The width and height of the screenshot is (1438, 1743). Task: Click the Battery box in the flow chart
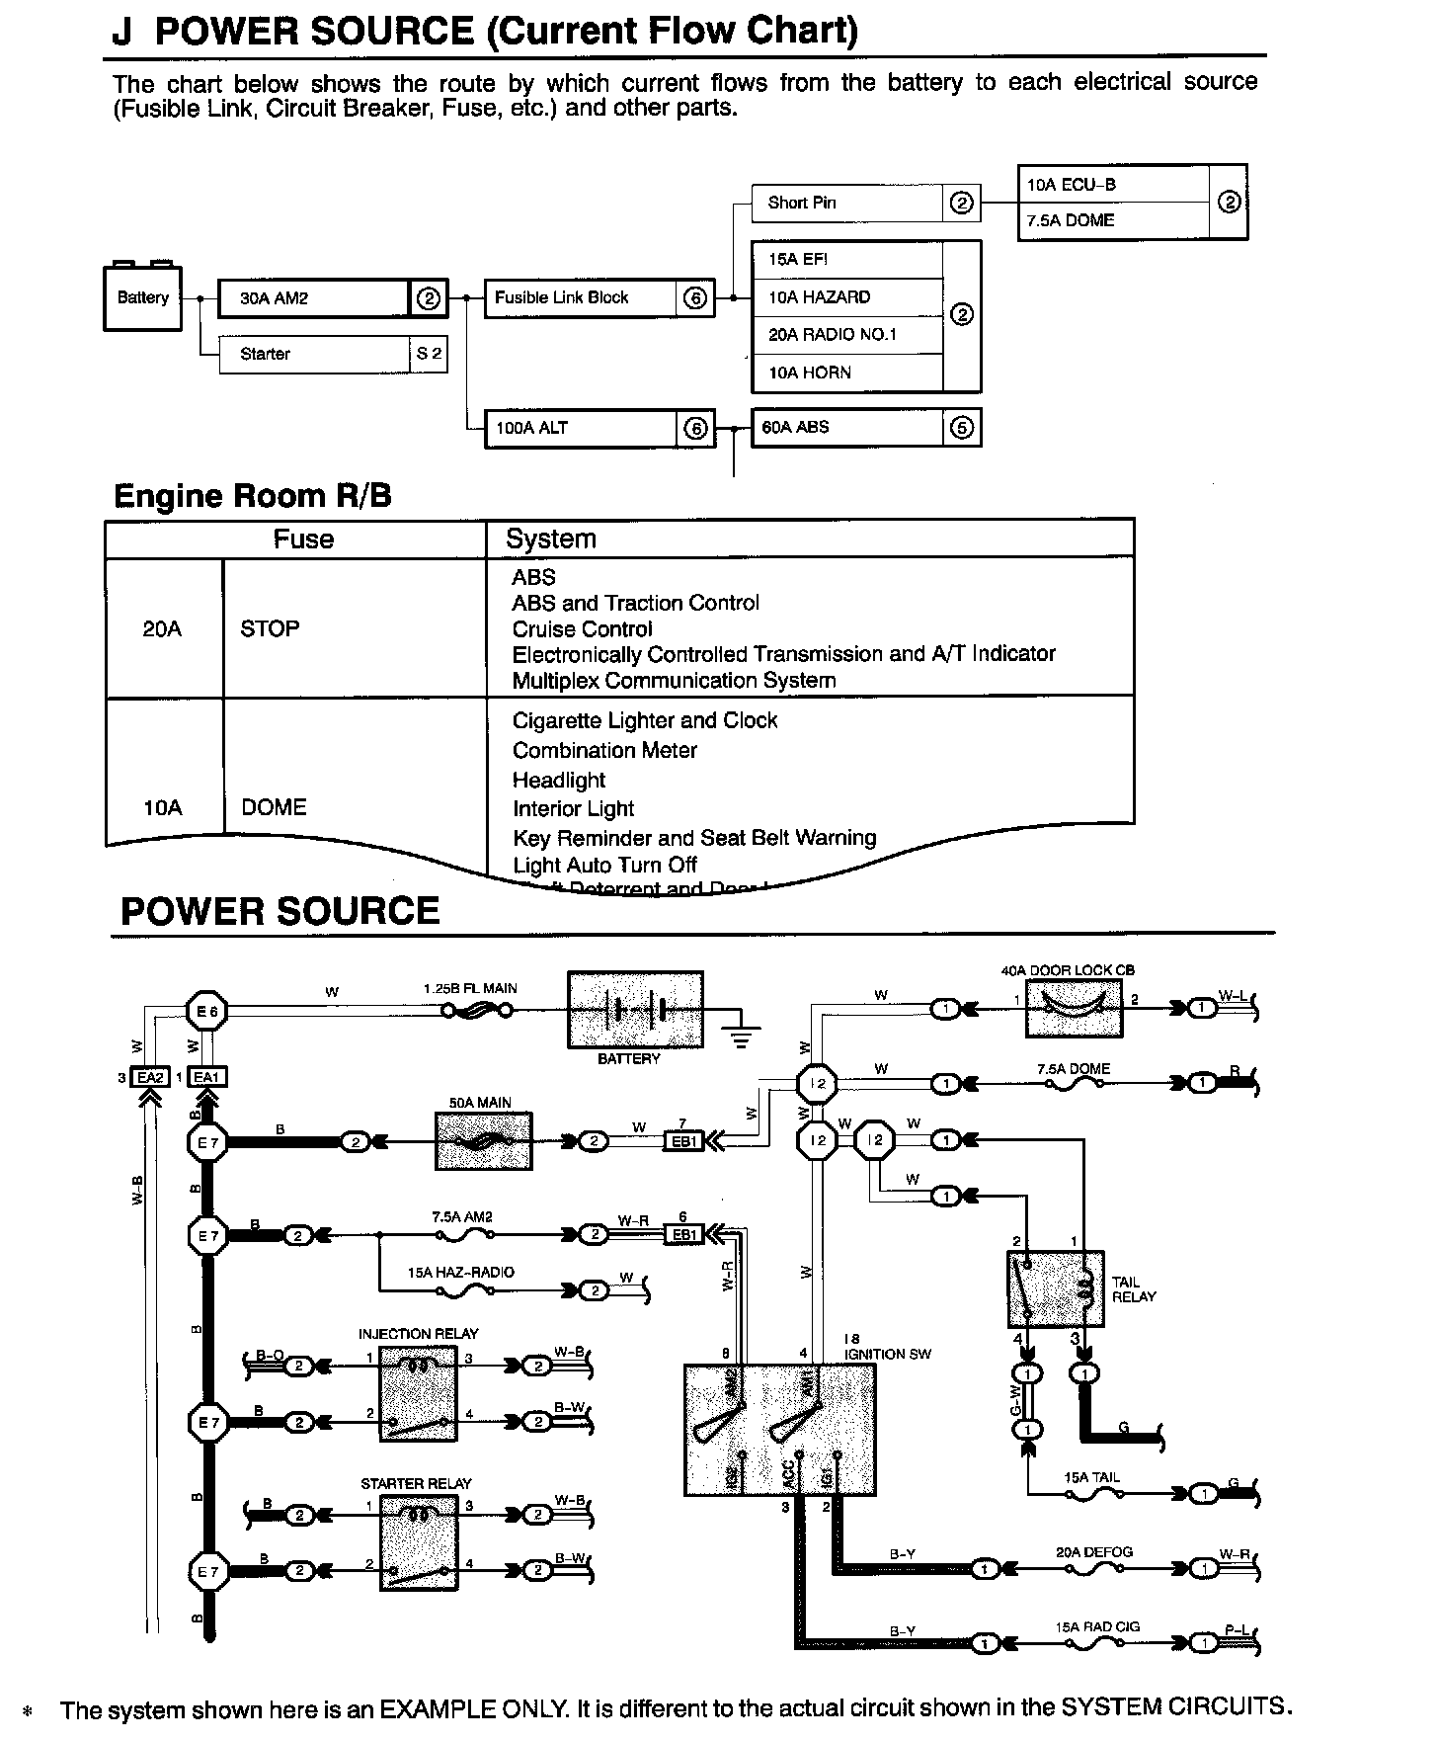[x=142, y=297]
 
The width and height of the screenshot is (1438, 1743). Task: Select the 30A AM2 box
[x=313, y=297]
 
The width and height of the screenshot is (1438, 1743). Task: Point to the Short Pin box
[x=847, y=203]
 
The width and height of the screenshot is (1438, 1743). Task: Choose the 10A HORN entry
[x=847, y=373]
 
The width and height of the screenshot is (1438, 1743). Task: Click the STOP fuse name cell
[x=270, y=628]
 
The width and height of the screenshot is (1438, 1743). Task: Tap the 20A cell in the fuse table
[x=162, y=628]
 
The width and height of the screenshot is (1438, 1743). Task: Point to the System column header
[x=551, y=539]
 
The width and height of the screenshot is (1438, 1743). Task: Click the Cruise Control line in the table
[x=582, y=628]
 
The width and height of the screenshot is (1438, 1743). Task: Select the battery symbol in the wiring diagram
[x=635, y=1009]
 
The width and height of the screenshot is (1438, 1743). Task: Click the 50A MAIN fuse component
[x=483, y=1141]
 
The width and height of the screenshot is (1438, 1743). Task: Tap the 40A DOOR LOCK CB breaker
[x=1074, y=1009]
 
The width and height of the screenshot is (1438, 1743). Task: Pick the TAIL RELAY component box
[x=1055, y=1288]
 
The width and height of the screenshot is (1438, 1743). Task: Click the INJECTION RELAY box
[x=419, y=1393]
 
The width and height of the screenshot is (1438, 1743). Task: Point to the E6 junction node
[x=207, y=1011]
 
